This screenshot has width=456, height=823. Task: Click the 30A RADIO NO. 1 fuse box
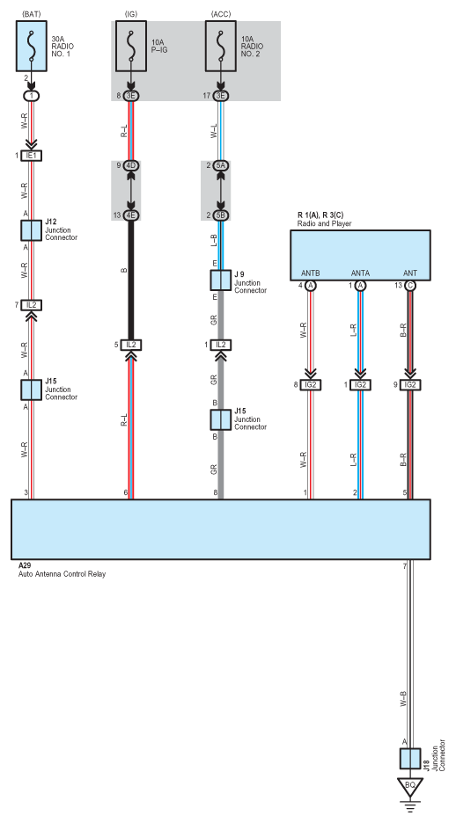click(32, 47)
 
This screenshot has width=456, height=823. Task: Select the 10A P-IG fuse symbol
click(131, 47)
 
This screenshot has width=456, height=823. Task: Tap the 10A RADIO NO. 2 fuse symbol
click(221, 47)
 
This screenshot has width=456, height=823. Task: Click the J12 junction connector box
click(31, 230)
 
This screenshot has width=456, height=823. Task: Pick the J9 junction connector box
click(221, 280)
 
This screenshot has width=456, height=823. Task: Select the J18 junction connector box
click(409, 759)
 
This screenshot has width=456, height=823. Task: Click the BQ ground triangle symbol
click(409, 786)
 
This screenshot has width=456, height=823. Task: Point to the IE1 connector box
click(31, 156)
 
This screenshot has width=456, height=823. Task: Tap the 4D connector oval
click(131, 166)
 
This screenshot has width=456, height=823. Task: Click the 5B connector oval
click(221, 215)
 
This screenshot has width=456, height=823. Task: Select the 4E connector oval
click(131, 215)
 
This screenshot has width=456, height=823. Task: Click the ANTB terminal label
click(311, 273)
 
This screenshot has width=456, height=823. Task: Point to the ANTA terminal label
click(360, 273)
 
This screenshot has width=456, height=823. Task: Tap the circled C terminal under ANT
click(409, 286)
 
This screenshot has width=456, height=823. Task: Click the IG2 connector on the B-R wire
click(409, 385)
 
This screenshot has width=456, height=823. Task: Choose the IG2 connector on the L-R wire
click(360, 385)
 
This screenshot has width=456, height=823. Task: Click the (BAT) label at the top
click(32, 14)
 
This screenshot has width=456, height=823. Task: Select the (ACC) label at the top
click(221, 14)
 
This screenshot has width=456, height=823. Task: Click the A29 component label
click(24, 566)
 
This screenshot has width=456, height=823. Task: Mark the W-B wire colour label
click(403, 700)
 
